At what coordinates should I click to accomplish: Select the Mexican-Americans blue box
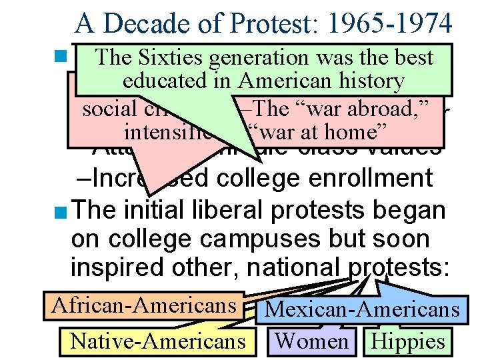(x=362, y=310)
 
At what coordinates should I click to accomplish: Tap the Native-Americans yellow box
(x=157, y=341)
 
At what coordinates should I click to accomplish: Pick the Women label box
(x=312, y=341)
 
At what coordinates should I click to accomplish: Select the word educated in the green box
(x=165, y=81)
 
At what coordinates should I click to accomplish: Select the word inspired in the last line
(x=111, y=268)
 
